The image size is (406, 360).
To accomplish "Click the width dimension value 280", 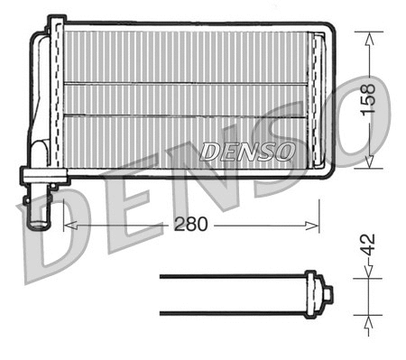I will (189, 225).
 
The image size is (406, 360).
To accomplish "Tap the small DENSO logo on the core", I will (246, 152).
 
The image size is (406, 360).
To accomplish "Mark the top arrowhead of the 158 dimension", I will (367, 35).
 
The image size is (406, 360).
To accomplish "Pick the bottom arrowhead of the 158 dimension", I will (367, 163).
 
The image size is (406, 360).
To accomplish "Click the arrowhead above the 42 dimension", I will (367, 274).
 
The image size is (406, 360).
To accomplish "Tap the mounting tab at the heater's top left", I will (57, 22).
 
